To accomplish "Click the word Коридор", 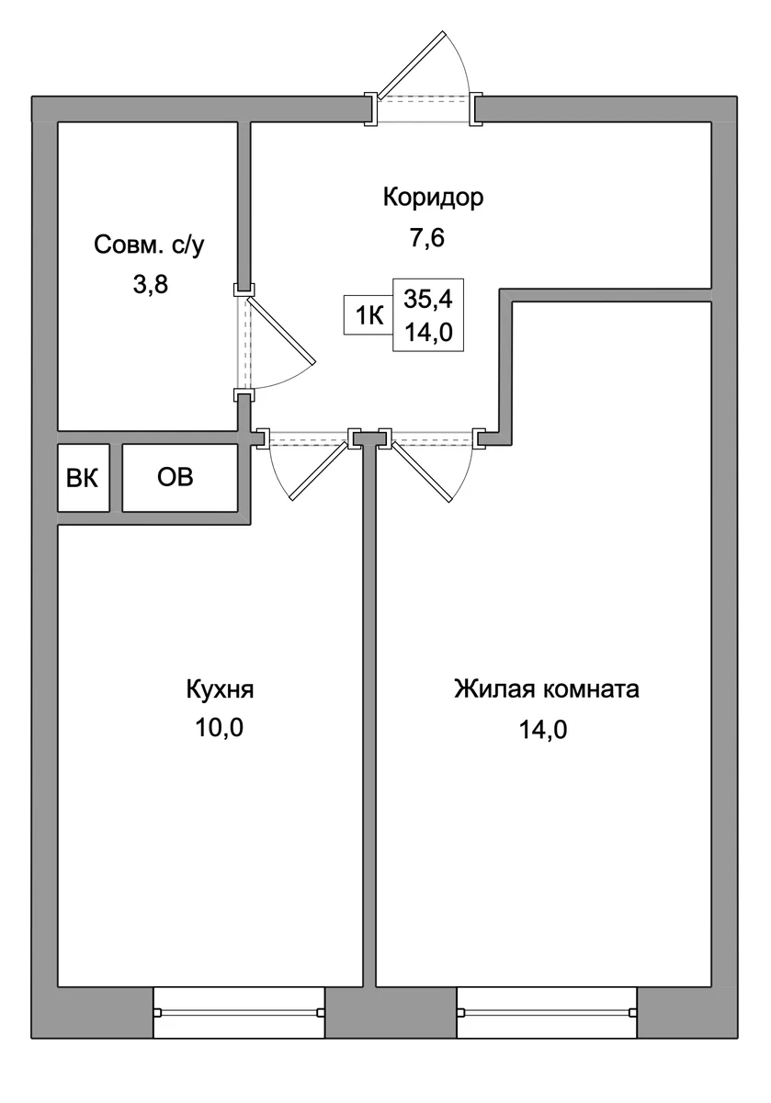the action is pos(433,198).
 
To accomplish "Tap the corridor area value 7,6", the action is pos(427,238).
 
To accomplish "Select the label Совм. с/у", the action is pos(149,245).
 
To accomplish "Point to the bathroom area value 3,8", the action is pos(151,285).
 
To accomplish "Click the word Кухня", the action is pos(220,690).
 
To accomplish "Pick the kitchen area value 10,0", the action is pos(220,728).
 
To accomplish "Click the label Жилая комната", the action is pos(547,688).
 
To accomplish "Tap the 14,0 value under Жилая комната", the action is pos(543,730).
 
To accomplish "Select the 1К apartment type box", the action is pos(368,315).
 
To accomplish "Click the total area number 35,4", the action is pos(428,299).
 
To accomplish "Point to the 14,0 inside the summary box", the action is pos(428,333).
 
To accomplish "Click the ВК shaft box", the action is pos(84,478).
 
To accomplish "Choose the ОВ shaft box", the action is pos(180,478).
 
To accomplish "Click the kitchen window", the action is pos(239,1012).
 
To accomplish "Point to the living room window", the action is pos(547,1012).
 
